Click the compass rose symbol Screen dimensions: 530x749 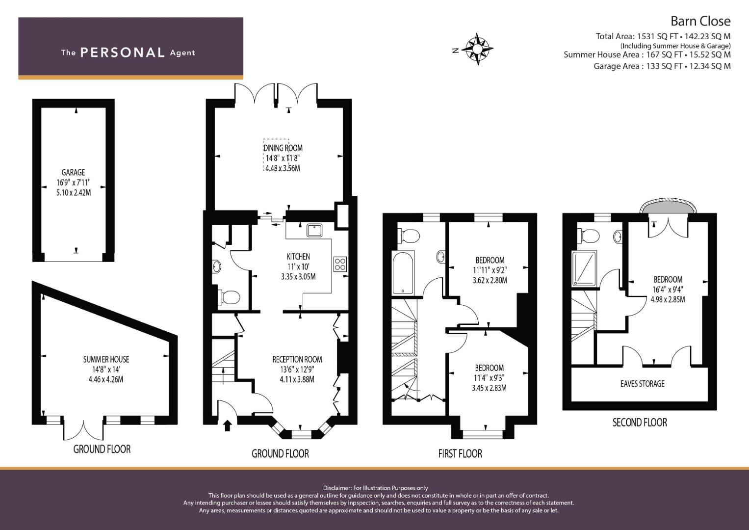[477, 49]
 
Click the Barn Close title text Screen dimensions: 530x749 [700, 21]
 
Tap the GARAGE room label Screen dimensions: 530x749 [73, 172]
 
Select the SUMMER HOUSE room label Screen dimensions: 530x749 [106, 360]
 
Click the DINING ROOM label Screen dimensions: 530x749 [283, 148]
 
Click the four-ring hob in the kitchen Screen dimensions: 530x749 [339, 264]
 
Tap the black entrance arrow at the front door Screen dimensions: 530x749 [227, 425]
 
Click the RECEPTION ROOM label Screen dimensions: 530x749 [297, 360]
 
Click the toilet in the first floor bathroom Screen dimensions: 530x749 [409, 236]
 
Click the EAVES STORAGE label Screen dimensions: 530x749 [642, 384]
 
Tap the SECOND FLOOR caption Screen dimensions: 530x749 [640, 422]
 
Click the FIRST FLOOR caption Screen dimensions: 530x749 [460, 454]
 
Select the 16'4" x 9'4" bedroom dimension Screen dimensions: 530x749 [667, 290]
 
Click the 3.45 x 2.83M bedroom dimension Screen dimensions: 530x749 [489, 388]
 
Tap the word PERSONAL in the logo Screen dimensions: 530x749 [122, 53]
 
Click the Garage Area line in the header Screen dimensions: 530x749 [662, 66]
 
